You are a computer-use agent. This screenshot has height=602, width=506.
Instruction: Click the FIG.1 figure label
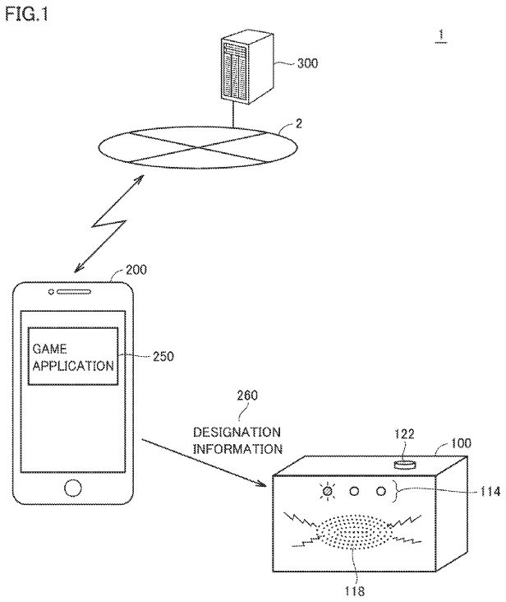[26, 15]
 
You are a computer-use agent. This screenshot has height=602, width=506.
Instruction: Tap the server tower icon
[247, 68]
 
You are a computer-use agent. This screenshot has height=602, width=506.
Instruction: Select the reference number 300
[307, 63]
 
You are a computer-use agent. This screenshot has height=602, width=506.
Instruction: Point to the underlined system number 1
[441, 35]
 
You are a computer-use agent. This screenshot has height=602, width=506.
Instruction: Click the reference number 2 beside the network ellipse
[299, 123]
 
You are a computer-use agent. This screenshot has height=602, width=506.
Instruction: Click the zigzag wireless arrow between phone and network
[109, 224]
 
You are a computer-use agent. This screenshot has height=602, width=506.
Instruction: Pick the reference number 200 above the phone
[136, 270]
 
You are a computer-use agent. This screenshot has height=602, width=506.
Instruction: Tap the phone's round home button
[73, 488]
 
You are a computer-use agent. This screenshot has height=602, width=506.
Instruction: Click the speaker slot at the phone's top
[74, 292]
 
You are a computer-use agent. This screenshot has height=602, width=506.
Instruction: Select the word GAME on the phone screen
[50, 349]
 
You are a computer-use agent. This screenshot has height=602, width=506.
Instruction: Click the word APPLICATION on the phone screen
[73, 365]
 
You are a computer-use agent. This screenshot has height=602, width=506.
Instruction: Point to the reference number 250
[163, 356]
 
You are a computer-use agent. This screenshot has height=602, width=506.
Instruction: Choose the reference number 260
[247, 395]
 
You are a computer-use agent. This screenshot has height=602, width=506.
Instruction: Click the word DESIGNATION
[237, 433]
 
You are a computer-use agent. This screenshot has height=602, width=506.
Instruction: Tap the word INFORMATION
[237, 449]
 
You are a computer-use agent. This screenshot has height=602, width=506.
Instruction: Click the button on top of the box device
[405, 465]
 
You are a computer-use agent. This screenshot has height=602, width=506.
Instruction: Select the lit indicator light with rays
[328, 491]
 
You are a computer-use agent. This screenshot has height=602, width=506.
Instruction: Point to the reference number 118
[354, 590]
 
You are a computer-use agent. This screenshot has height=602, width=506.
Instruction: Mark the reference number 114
[490, 492]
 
